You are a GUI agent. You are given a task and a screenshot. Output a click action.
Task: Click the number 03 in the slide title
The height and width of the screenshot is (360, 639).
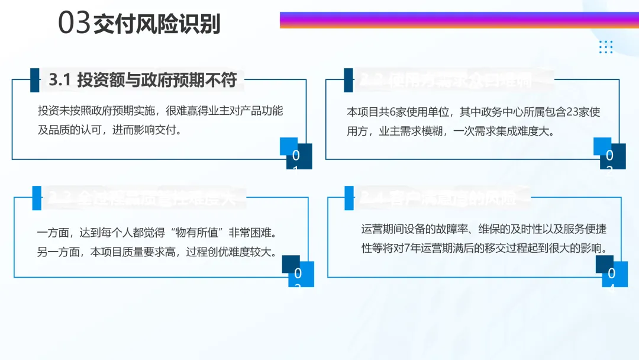point(75,24)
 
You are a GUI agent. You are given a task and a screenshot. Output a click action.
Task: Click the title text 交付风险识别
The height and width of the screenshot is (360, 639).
point(157,24)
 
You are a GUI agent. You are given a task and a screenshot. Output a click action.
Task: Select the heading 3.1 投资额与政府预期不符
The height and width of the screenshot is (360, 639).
point(142,81)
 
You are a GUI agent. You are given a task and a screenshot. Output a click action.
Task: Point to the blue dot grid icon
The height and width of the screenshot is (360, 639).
point(605,47)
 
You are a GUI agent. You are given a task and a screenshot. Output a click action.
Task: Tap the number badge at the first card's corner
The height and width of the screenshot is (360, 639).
point(296,155)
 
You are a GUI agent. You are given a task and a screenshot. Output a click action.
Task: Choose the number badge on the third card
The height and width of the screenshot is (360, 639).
point(298,273)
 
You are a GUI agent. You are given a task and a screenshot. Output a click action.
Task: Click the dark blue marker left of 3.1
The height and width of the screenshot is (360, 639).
point(35,80)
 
